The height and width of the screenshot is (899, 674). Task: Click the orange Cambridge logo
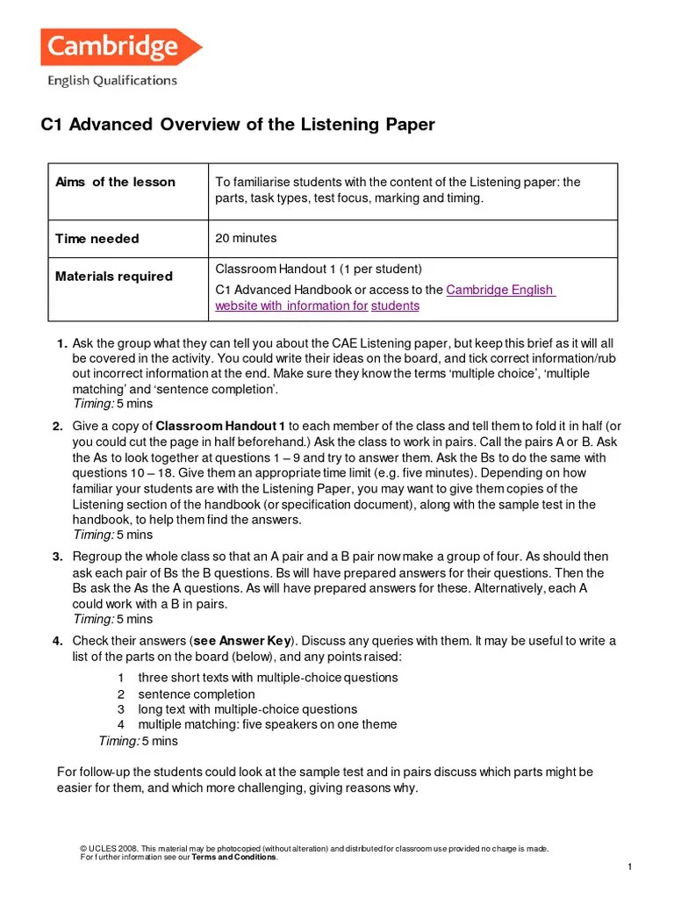(120, 47)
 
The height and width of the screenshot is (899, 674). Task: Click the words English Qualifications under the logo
(111, 81)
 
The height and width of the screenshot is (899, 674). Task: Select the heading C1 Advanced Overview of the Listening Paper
(238, 125)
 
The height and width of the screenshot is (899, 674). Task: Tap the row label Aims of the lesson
(115, 182)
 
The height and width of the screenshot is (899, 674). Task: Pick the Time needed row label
(97, 239)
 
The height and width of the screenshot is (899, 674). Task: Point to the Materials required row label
(113, 276)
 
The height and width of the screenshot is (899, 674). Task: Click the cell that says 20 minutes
(246, 238)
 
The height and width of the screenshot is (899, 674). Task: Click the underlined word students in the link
(395, 306)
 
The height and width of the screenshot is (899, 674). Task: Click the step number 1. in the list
(61, 342)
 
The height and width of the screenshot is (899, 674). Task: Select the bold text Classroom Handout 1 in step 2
(220, 427)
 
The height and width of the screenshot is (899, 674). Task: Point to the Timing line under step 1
(112, 404)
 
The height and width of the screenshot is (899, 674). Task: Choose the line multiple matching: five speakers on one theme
(268, 724)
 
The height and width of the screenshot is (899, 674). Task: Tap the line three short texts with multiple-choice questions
(268, 678)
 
